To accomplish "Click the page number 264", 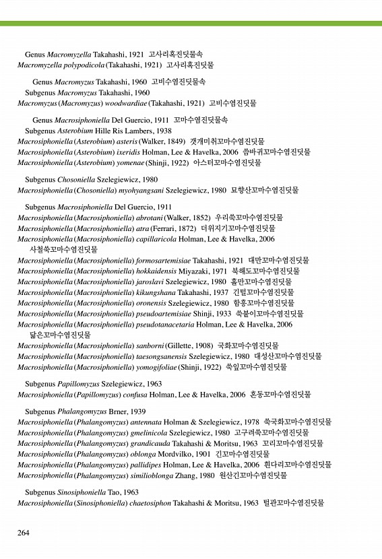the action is pos(23,533).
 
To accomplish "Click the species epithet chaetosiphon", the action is pos(148,503).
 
